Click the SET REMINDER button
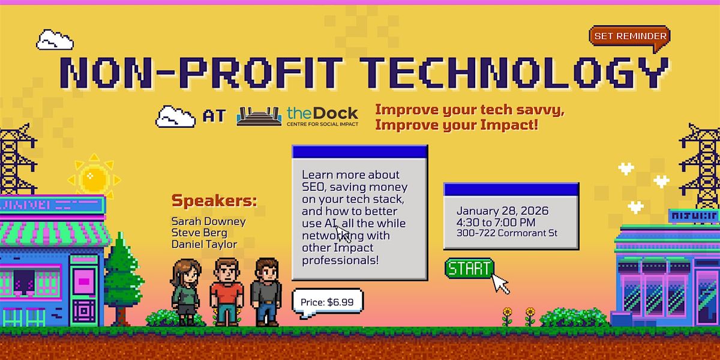click(x=630, y=36)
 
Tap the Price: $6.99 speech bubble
click(x=328, y=302)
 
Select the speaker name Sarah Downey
click(x=208, y=221)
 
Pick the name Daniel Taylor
click(x=205, y=245)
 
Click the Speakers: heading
click(x=214, y=200)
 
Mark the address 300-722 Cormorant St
click(x=507, y=233)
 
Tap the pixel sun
click(x=94, y=178)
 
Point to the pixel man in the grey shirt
click(x=265, y=292)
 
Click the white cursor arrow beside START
click(x=500, y=283)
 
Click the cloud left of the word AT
click(x=175, y=116)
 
